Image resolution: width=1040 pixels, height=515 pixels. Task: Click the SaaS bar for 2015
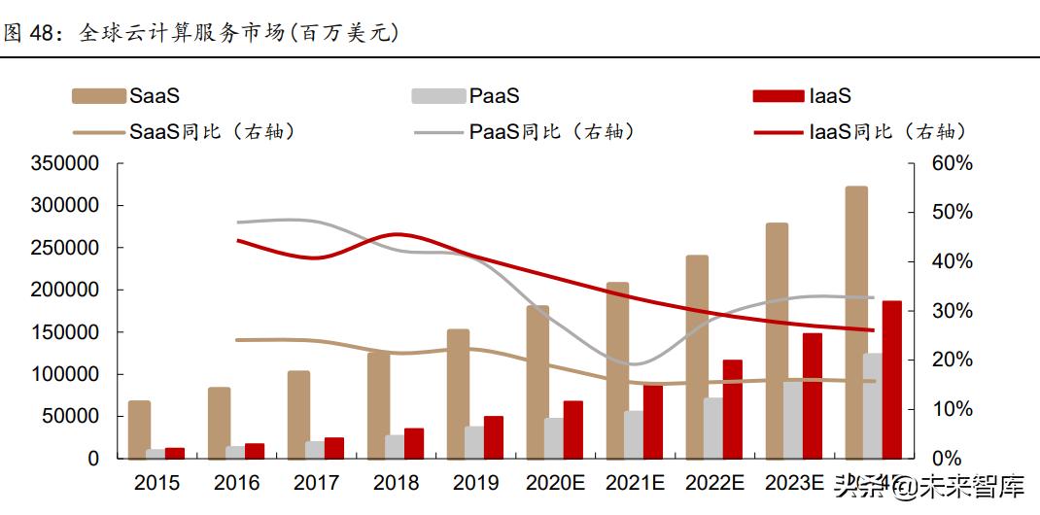(139, 429)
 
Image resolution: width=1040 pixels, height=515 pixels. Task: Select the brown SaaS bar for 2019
(458, 394)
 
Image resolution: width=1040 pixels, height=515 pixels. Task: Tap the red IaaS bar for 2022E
(732, 409)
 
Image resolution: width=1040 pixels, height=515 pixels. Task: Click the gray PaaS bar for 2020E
(554, 438)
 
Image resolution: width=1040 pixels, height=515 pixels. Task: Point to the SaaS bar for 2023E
(777, 340)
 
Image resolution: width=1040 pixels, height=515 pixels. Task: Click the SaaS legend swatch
(98, 95)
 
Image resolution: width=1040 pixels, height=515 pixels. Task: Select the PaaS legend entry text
(494, 95)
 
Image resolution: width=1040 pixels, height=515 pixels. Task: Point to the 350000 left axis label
(65, 163)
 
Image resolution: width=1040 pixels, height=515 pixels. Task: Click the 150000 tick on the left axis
(65, 332)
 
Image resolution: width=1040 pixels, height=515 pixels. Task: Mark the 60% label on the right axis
(952, 163)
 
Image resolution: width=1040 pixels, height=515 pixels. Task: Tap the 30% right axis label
(952, 311)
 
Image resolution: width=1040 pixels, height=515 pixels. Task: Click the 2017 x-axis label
(316, 482)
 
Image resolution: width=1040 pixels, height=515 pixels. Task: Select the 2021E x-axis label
(635, 482)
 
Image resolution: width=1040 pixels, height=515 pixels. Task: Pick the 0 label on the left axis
(93, 459)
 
